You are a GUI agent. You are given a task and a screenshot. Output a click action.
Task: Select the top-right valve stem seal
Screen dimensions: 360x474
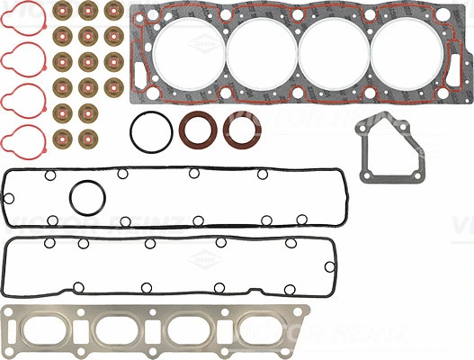click(112, 13)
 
